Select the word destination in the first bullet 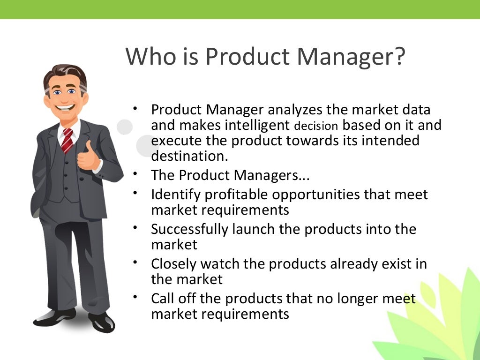pos(189,156)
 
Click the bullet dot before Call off pos(135,296)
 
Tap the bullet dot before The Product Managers pos(135,173)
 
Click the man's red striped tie pos(67,140)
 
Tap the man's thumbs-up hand pos(88,157)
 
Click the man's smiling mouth pos(66,107)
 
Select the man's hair pos(65,74)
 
